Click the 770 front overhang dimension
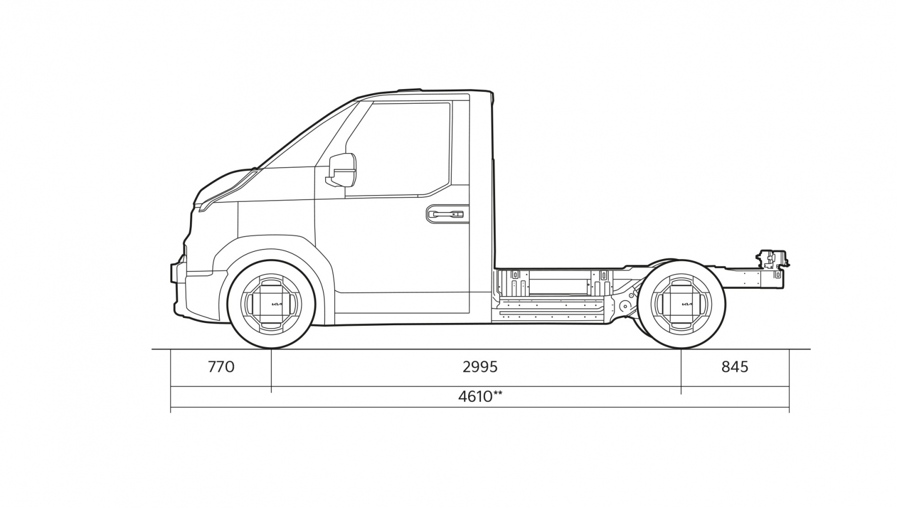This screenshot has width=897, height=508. [221, 367]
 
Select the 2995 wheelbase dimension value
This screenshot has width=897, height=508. [480, 367]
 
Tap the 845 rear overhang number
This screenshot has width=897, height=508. [735, 367]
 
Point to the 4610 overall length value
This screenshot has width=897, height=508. [475, 396]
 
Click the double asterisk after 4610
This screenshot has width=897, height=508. [498, 394]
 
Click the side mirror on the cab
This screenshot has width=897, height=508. [341, 170]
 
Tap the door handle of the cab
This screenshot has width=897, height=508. [447, 214]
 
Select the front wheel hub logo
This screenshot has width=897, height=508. [277, 305]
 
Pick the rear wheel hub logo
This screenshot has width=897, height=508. [687, 305]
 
